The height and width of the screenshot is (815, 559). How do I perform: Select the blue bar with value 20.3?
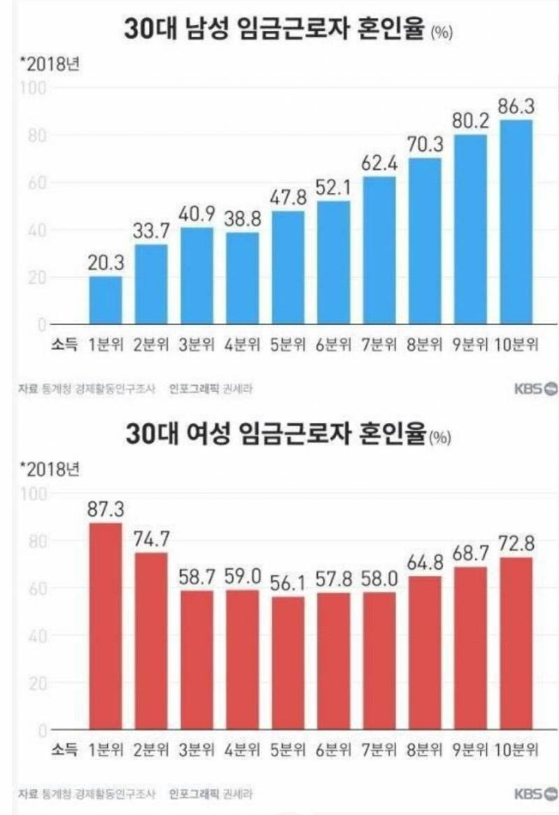(106, 301)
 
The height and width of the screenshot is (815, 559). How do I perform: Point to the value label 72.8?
(517, 542)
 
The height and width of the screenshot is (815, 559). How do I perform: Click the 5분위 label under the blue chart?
(289, 345)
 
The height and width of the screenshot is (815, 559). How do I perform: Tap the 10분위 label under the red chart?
(517, 751)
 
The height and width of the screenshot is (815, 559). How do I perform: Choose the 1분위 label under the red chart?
(106, 751)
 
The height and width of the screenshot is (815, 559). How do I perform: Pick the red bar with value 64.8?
(426, 653)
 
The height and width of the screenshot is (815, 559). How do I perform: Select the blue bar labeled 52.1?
(334, 263)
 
